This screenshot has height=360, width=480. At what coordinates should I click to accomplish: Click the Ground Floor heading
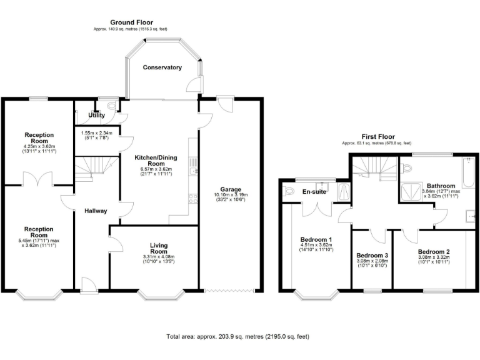[131, 22]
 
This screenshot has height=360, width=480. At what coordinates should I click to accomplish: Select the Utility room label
[96, 116]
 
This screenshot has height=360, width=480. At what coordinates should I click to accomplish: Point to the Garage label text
[231, 189]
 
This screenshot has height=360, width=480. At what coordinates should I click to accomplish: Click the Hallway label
[96, 211]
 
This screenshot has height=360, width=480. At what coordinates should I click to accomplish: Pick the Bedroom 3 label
[372, 256]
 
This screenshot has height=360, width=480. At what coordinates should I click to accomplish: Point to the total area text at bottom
[237, 336]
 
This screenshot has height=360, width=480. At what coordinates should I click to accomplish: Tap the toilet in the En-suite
[288, 192]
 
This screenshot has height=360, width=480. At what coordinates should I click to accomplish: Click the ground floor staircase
[89, 167]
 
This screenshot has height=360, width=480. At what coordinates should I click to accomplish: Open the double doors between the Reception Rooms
[39, 179]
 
